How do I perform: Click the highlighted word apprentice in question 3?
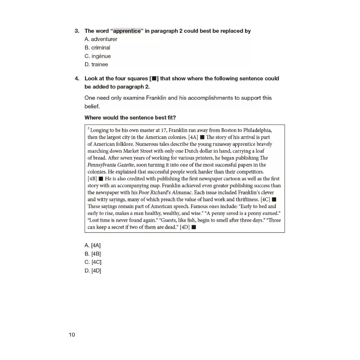(x=127, y=31)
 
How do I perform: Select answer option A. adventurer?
(x=101, y=39)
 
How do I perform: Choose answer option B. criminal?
(x=97, y=48)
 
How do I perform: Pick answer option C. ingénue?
(x=98, y=56)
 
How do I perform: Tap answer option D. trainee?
(x=96, y=64)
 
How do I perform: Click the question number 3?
(x=77, y=31)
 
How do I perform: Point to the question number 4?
(x=77, y=78)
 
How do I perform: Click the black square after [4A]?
(x=202, y=137)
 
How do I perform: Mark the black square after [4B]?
(x=101, y=179)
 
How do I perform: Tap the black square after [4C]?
(x=274, y=199)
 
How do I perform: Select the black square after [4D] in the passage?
(x=194, y=227)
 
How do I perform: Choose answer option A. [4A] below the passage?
(x=93, y=246)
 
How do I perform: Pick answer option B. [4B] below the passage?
(x=93, y=254)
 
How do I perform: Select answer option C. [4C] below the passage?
(x=93, y=262)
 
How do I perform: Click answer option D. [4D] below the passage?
(x=93, y=271)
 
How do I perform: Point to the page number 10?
(x=72, y=335)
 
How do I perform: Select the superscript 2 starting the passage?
(x=88, y=129)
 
